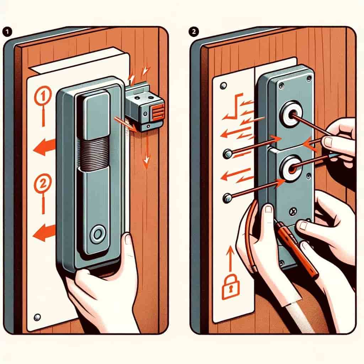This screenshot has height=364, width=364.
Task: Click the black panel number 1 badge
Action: (7, 32)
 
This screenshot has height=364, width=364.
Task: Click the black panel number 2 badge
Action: (194, 32)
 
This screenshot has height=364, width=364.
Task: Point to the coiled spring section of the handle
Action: (93, 153)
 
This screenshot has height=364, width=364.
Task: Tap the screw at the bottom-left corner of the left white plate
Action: (37, 317)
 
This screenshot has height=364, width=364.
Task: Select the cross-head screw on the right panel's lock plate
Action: (293, 212)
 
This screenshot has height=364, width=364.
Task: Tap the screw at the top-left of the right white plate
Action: (223, 86)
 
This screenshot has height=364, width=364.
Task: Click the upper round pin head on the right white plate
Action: (227, 154)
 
